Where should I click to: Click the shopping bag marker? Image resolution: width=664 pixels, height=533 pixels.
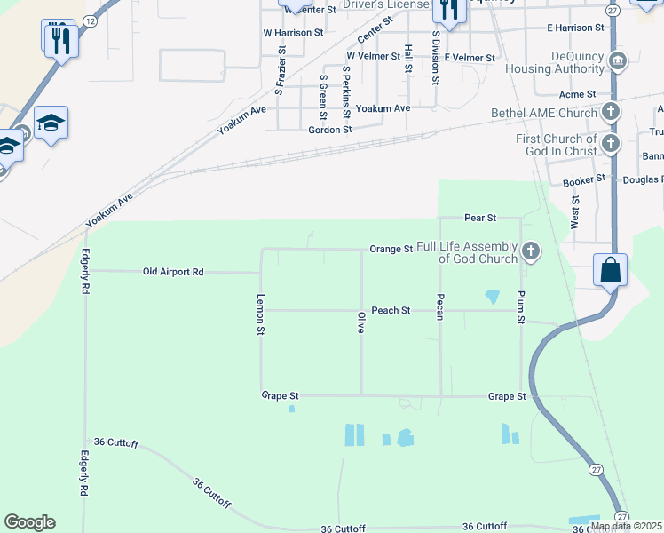[x=612, y=270]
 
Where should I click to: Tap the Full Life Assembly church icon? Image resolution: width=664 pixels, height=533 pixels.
[x=531, y=251]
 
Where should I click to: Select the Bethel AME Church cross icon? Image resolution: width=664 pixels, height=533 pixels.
[x=610, y=112]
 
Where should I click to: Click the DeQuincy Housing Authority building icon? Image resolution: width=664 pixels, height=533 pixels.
[x=618, y=60]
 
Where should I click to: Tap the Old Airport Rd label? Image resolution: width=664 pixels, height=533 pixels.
[x=173, y=271]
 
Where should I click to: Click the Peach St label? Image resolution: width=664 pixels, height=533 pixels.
[x=391, y=310]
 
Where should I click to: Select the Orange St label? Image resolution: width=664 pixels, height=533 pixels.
[x=391, y=250]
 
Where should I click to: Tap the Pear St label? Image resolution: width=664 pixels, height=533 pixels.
[x=479, y=218]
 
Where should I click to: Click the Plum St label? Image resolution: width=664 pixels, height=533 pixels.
[x=522, y=306]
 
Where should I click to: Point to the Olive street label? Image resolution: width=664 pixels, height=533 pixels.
[x=360, y=322]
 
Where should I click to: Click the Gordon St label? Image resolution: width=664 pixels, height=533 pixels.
[x=330, y=129]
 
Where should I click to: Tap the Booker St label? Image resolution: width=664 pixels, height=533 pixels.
[x=584, y=179]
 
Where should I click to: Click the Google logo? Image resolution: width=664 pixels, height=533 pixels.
[x=29, y=522]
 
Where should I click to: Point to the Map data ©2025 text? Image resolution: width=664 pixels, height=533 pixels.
[x=626, y=526]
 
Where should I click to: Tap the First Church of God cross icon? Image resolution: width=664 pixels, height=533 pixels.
[x=610, y=144]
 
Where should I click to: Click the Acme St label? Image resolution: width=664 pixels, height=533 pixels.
[x=577, y=94]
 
